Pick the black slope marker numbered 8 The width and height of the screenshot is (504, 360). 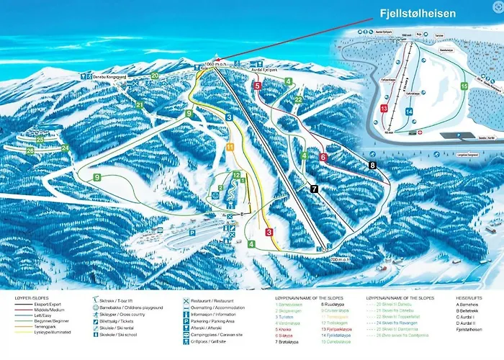372,165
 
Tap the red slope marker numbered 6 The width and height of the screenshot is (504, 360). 323,156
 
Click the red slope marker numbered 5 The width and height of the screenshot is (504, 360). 257,86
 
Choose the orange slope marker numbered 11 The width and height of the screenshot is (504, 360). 230,147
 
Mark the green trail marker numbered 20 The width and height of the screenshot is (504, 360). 155,75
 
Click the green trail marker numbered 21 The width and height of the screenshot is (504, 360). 139,105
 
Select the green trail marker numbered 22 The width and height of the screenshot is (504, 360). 298,99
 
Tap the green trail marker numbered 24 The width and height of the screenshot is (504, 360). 65,148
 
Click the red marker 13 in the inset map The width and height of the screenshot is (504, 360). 384,108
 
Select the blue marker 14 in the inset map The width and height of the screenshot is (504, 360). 408,112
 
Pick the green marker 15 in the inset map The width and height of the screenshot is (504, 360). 464,86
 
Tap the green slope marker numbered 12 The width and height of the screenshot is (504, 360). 236,175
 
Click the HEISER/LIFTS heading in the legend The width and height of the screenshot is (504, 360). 470,297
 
